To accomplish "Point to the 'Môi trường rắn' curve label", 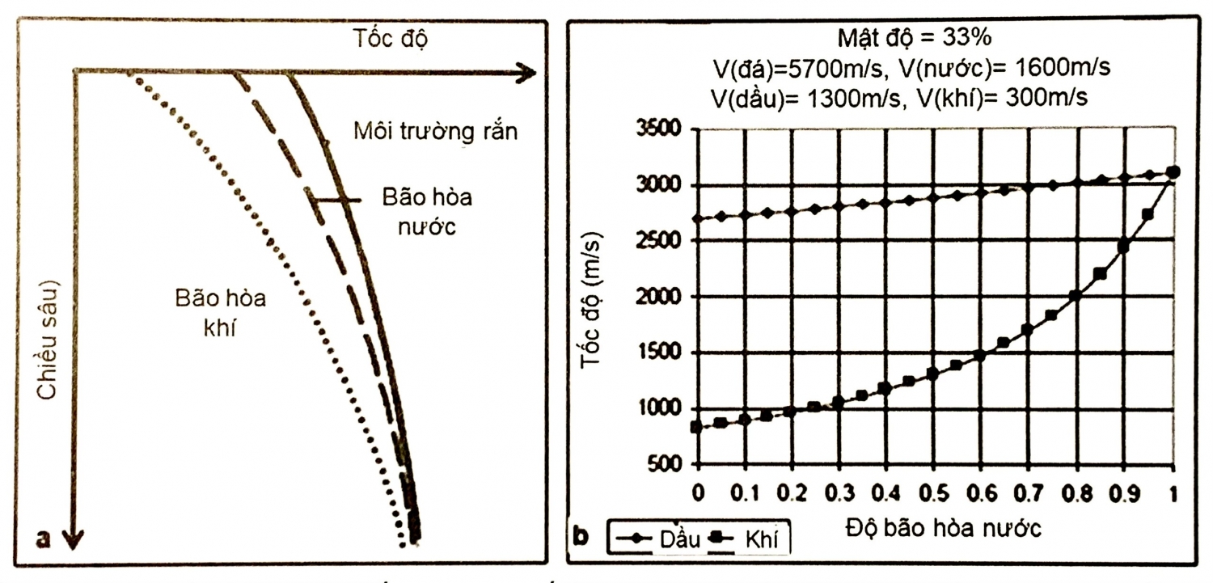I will [x=435, y=132].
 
